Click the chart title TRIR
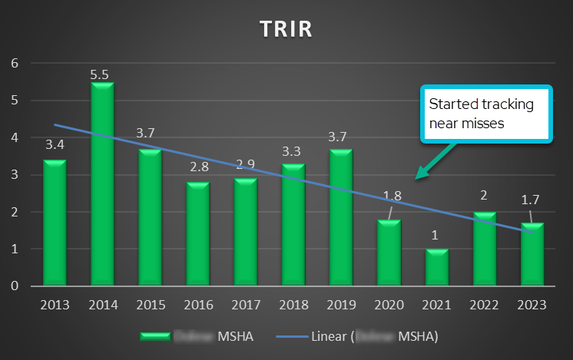pos(286,28)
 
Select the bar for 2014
pos(102,184)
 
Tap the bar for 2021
pos(436,267)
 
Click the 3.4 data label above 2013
pos(55,144)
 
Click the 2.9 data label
pos(246,164)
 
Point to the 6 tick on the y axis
pos(14,63)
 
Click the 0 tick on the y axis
pos(14,286)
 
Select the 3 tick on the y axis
pos(14,175)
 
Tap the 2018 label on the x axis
pos(293,305)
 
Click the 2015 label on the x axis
pos(150,305)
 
